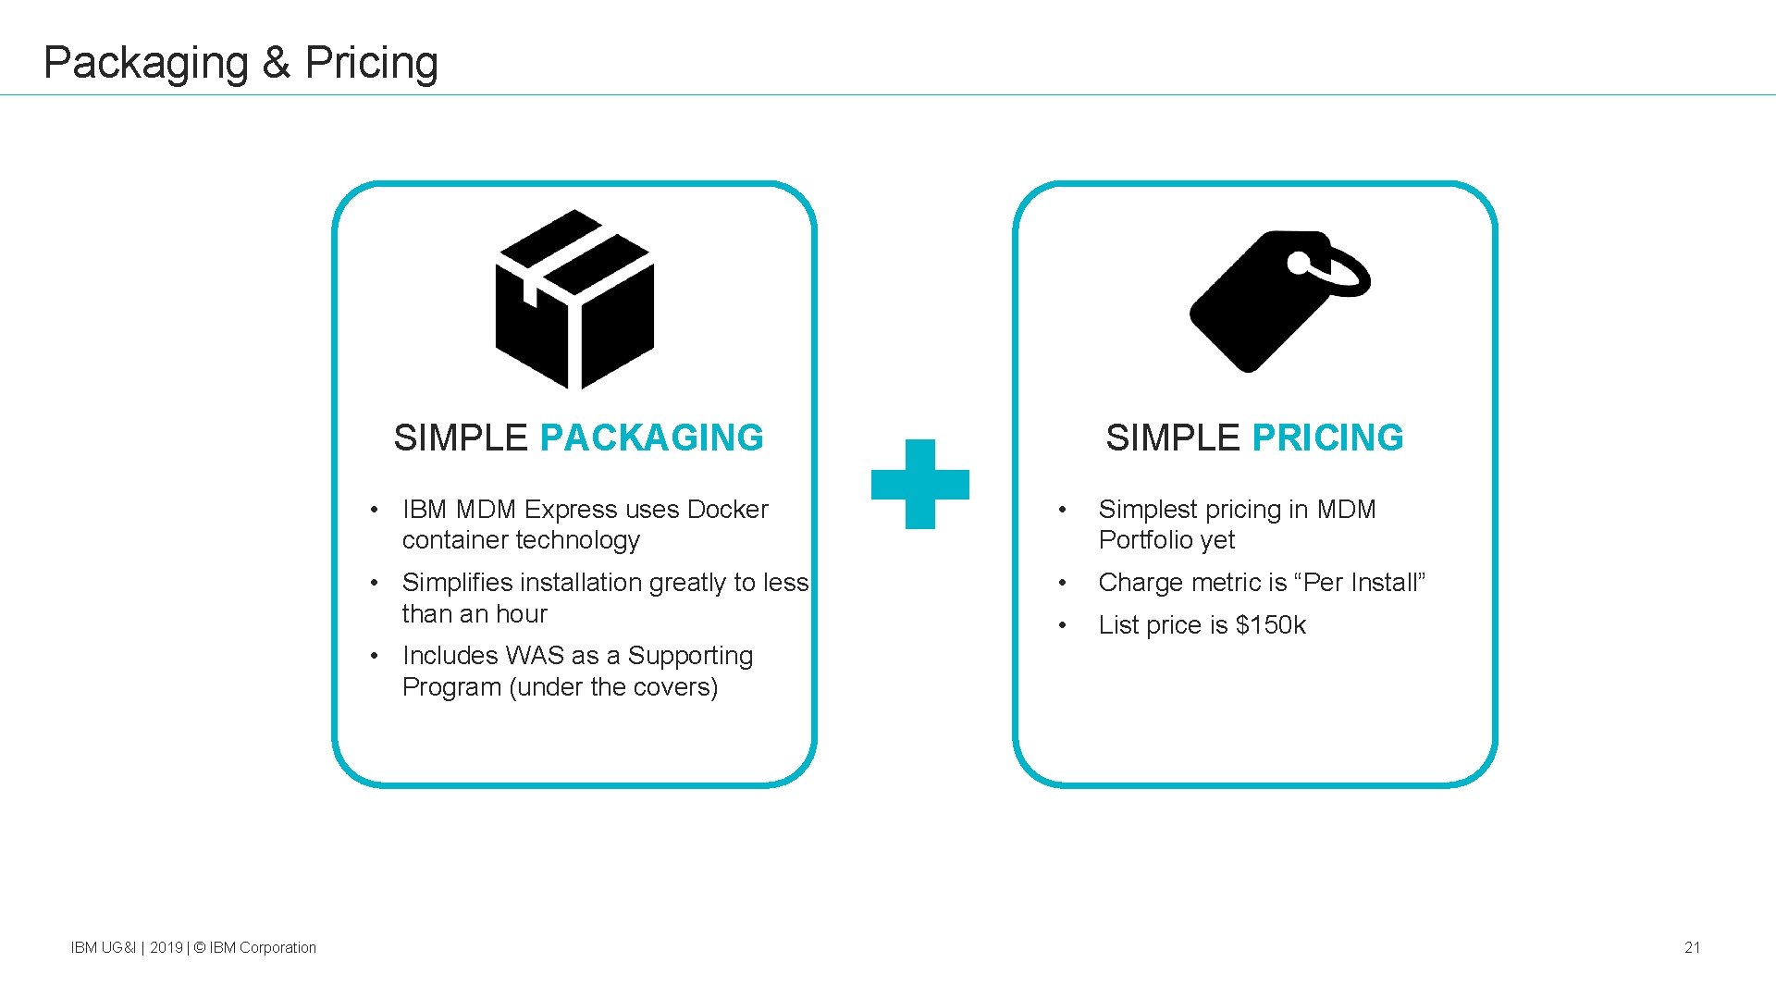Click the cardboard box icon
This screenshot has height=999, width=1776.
click(575, 300)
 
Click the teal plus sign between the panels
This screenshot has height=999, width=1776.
click(920, 484)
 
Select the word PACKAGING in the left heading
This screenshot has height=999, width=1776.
click(651, 438)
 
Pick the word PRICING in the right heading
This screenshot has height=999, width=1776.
click(1327, 438)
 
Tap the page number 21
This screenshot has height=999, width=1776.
click(1692, 947)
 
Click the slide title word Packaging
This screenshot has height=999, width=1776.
click(146, 63)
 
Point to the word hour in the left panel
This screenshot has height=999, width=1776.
click(522, 614)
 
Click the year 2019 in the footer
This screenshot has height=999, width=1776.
click(166, 947)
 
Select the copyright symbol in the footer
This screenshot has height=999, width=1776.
click(199, 947)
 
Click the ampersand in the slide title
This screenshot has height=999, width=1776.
click(277, 63)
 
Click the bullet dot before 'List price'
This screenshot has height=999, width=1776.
click(1063, 625)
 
